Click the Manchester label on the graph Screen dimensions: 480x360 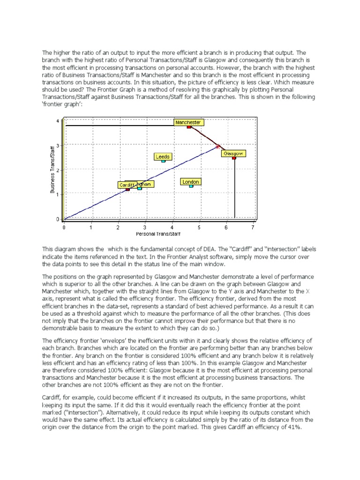(x=188, y=122)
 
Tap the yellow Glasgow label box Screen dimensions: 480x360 (x=233, y=153)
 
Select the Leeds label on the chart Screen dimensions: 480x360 (x=163, y=157)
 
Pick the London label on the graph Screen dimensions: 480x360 (x=191, y=181)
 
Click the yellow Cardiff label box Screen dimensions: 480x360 (x=127, y=185)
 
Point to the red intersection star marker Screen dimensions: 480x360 (x=218, y=146)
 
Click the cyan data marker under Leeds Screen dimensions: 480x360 (x=163, y=161)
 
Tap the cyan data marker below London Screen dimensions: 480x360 (x=191, y=186)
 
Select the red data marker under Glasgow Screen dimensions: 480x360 (x=234, y=158)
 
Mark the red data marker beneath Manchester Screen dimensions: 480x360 (x=189, y=127)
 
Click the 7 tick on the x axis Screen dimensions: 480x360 (x=253, y=227)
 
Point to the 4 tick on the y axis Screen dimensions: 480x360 (x=58, y=121)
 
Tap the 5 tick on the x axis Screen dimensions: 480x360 (x=199, y=227)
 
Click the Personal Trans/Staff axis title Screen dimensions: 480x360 (x=158, y=233)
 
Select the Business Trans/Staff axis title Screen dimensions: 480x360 (x=52, y=170)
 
